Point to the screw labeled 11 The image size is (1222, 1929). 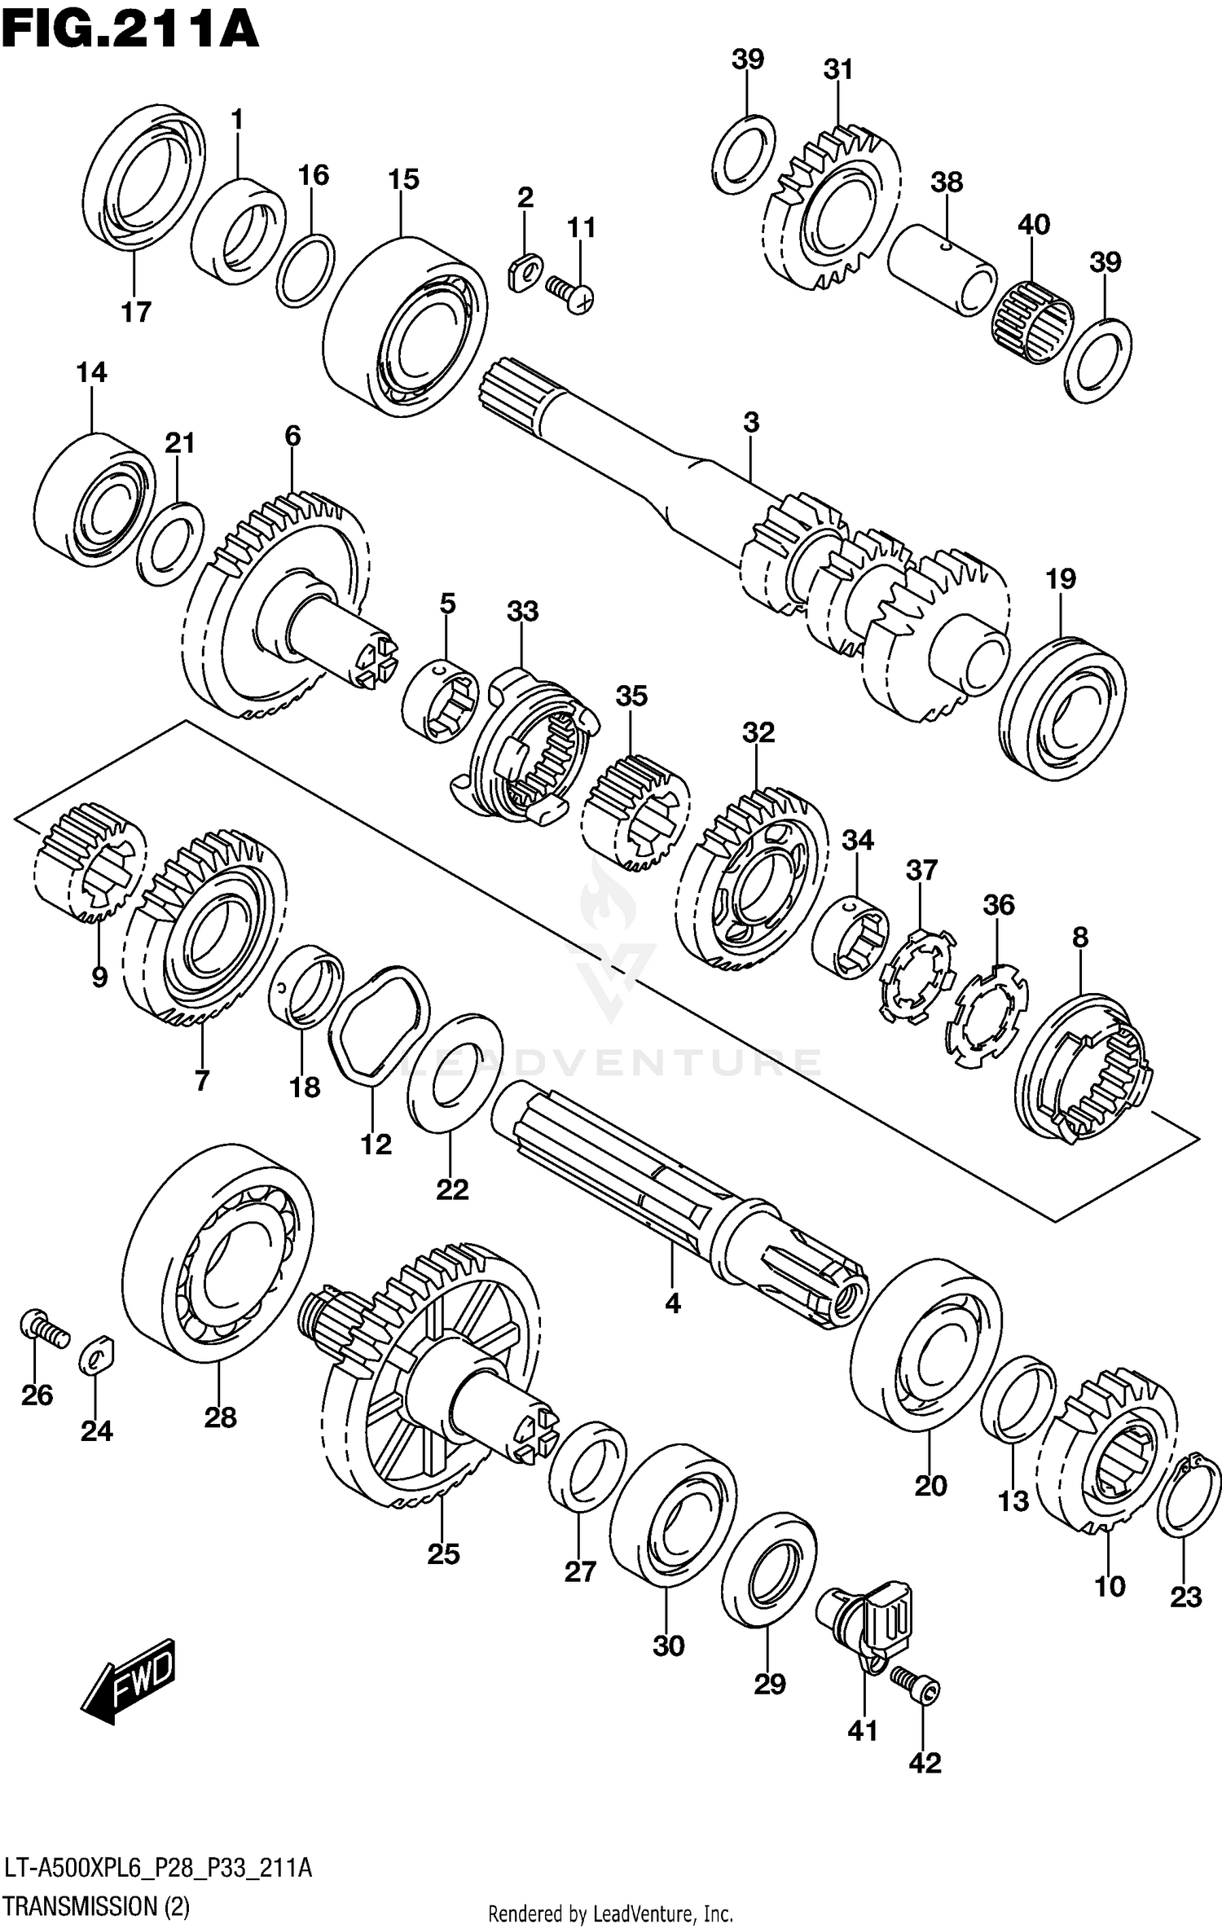click(x=570, y=293)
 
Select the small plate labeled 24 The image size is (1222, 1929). click(x=97, y=1356)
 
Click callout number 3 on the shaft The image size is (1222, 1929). click(x=751, y=423)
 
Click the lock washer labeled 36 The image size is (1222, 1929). click(x=986, y=1015)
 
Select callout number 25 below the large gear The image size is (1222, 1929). click(x=443, y=1554)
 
